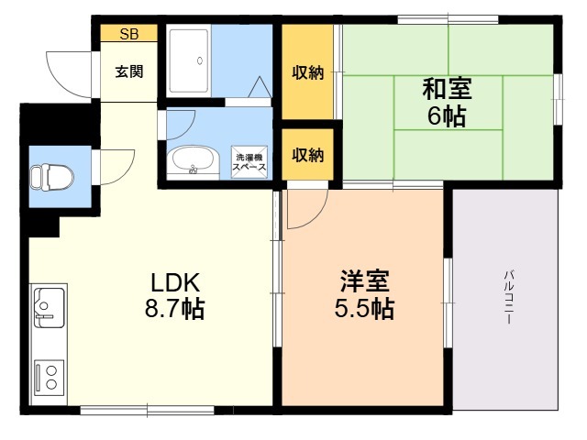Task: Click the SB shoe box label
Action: [129, 34]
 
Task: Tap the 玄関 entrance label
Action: [129, 71]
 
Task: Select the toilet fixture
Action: [52, 177]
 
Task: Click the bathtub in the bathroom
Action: [189, 60]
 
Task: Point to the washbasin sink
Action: [193, 161]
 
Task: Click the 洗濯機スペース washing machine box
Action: [249, 162]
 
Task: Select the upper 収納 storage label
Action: [308, 72]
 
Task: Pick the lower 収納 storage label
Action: [308, 154]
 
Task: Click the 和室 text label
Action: [447, 89]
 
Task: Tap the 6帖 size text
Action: [447, 116]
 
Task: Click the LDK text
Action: [175, 282]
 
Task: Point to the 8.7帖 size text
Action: [175, 309]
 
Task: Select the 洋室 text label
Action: [364, 281]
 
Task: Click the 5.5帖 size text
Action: [364, 309]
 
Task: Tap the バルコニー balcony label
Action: [508, 296]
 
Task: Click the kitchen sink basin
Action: [49, 307]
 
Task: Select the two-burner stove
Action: [49, 378]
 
